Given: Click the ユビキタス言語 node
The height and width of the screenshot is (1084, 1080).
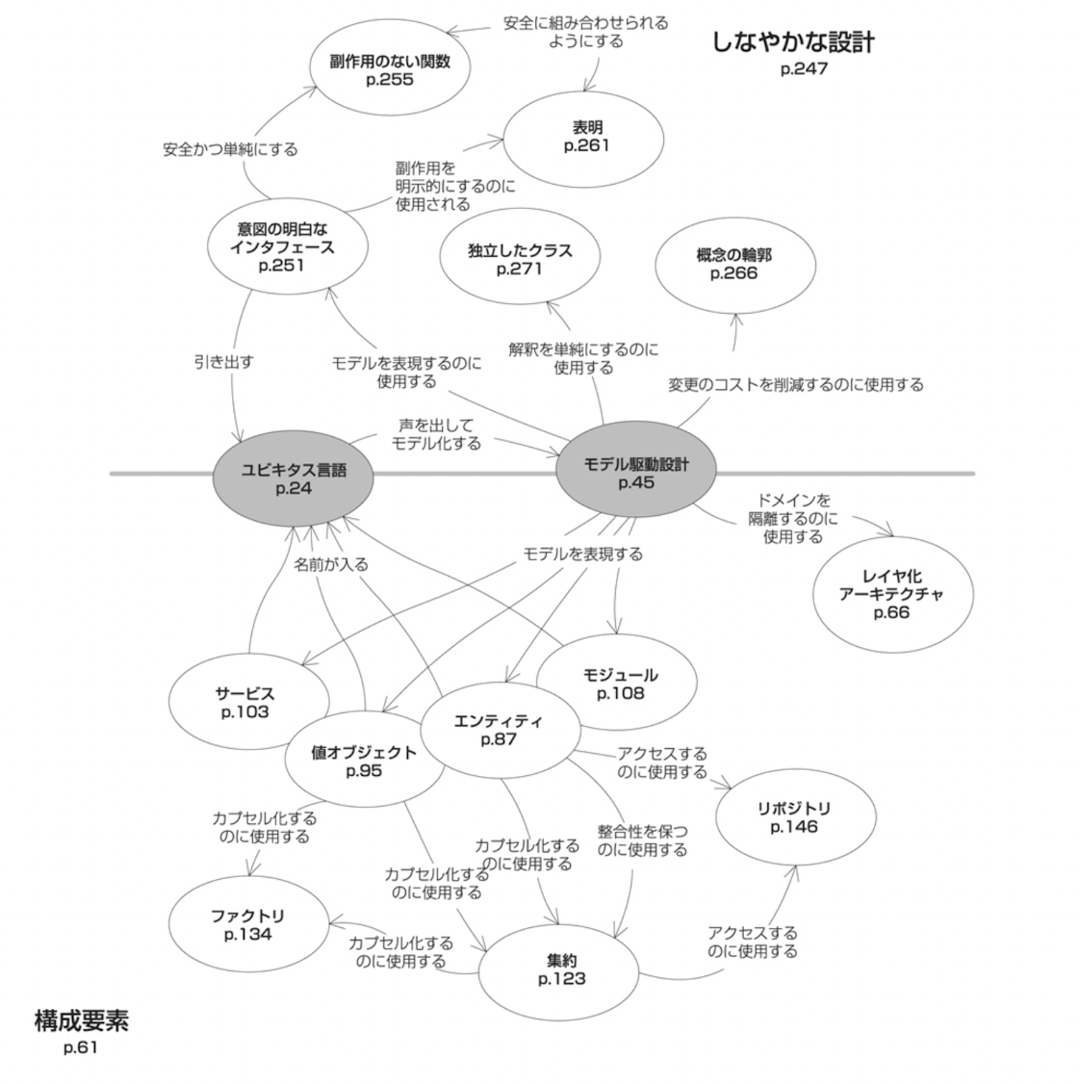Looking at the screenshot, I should [x=293, y=478].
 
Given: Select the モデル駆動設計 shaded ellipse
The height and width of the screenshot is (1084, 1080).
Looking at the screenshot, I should [x=635, y=473].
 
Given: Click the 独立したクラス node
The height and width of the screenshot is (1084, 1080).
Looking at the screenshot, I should [x=520, y=259].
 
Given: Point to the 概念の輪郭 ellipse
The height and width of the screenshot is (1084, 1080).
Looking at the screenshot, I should [x=733, y=264].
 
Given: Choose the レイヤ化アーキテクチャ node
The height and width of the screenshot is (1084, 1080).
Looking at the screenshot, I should [x=890, y=594].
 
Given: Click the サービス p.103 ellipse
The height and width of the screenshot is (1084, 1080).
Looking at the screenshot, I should [x=244, y=703].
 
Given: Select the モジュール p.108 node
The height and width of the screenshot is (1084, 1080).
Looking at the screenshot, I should [x=620, y=684].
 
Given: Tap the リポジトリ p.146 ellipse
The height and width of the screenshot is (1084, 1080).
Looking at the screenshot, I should [x=793, y=817].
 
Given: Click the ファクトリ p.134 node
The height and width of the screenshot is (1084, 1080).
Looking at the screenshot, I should [x=247, y=925].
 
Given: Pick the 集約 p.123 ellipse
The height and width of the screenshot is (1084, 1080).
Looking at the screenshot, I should [x=561, y=969].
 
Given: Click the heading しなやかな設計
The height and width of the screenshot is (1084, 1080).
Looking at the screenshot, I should [x=793, y=42].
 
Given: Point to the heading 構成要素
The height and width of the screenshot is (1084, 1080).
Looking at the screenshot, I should [x=81, y=1020].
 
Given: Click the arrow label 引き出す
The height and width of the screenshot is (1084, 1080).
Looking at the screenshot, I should [x=223, y=362].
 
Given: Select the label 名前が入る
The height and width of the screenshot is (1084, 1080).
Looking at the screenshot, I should [x=330, y=564].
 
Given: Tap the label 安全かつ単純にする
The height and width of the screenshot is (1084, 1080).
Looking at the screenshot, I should [x=230, y=149].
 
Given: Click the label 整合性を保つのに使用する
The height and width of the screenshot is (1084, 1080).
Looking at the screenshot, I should [x=642, y=839].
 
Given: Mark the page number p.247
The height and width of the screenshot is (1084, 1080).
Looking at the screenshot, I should [x=804, y=69].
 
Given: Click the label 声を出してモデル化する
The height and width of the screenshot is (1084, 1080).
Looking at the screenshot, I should [x=435, y=433].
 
